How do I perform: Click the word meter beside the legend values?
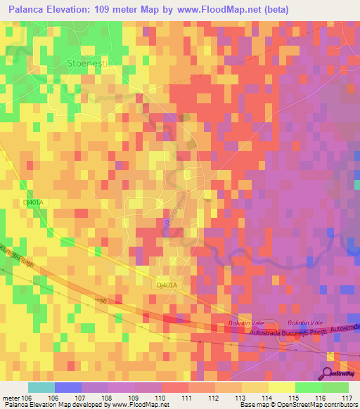click(x=11, y=398)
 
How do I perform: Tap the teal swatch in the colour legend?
click(x=41, y=387)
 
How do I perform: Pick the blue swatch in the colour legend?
click(x=68, y=387)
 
